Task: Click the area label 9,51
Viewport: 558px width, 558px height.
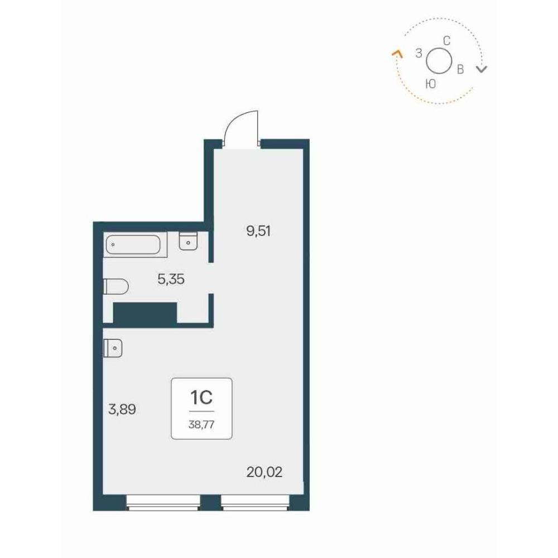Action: (258, 232)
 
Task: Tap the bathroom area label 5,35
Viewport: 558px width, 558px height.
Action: (171, 280)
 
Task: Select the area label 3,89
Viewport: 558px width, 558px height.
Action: (122, 410)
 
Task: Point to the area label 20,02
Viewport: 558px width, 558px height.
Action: (264, 472)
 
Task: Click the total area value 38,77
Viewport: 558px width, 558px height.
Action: (201, 425)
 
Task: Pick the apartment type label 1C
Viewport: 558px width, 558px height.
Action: (201, 398)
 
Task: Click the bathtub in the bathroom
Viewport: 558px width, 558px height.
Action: (135, 244)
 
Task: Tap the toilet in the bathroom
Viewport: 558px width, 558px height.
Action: (116, 286)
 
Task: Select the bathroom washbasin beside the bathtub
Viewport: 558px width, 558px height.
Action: (188, 241)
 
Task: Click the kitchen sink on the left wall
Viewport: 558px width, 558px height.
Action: (113, 348)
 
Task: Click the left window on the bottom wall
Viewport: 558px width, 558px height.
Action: (163, 503)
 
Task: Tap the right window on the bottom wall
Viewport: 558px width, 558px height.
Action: (255, 503)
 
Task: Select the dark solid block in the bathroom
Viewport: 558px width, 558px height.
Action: (145, 313)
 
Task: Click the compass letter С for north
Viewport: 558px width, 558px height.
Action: (446, 41)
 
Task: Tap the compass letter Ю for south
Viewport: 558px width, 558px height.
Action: (431, 84)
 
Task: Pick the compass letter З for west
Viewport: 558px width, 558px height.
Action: (419, 53)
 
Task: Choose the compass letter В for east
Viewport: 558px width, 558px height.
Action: (460, 69)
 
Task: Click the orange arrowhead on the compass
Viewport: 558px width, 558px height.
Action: (397, 54)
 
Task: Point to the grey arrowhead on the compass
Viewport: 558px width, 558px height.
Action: (482, 69)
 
